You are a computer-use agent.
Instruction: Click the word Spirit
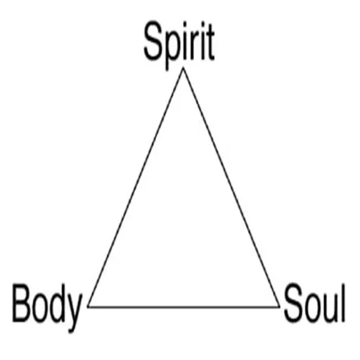[x=179, y=45]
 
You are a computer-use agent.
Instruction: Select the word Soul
[x=314, y=302]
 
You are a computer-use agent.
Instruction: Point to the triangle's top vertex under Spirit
[x=184, y=68]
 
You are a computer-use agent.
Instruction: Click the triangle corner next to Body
[x=88, y=307]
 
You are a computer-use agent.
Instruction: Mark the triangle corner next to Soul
[x=279, y=307]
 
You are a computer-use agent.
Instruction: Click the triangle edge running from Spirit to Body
[x=136, y=187]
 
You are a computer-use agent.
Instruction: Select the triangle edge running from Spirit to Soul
[x=231, y=187]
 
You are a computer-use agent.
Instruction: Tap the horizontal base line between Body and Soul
[x=184, y=307]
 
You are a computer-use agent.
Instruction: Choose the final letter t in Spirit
[x=210, y=43]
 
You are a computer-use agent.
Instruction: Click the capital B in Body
[x=22, y=302]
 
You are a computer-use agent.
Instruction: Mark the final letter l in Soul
[x=343, y=302]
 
